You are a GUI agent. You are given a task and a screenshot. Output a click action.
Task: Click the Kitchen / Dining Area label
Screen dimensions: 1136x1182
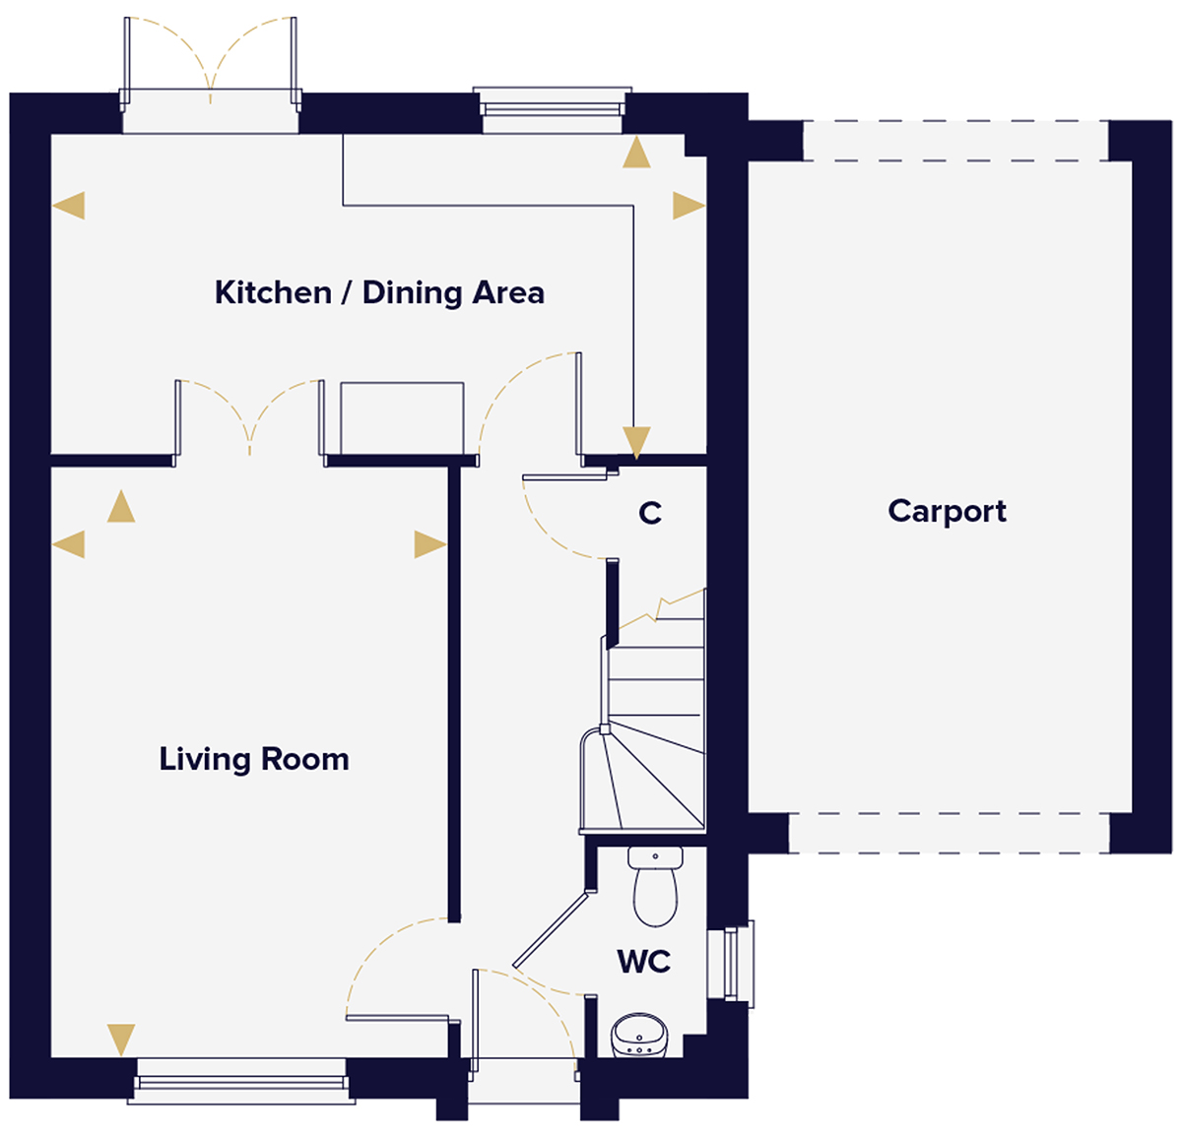[379, 292]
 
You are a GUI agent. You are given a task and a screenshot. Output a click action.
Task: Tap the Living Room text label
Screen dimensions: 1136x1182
[254, 759]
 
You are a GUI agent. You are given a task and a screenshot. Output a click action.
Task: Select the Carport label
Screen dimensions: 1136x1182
[947, 511]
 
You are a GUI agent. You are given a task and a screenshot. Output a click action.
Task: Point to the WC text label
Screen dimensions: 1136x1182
[644, 961]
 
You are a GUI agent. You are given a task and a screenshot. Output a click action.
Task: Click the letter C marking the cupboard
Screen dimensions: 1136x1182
[650, 513]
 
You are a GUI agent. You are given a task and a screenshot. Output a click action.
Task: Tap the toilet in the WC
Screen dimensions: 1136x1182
[655, 887]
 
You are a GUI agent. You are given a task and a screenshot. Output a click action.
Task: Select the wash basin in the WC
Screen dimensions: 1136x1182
[639, 1037]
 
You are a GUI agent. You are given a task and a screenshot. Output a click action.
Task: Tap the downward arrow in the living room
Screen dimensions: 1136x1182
[121, 1039]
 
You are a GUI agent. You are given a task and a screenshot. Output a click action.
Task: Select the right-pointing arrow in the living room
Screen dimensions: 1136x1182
[428, 544]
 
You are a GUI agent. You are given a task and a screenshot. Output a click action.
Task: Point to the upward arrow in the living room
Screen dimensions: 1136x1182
[121, 506]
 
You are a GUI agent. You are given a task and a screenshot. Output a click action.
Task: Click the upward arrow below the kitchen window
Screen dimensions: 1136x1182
[637, 153]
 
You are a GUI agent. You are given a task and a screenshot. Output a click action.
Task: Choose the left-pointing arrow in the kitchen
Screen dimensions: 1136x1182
[69, 206]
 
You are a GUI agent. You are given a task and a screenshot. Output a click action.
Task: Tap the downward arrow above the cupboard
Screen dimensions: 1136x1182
[636, 442]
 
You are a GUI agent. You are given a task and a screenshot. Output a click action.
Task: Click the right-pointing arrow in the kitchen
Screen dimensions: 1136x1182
[688, 206]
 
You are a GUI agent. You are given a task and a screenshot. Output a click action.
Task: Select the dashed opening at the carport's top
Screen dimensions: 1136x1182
[955, 141]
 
